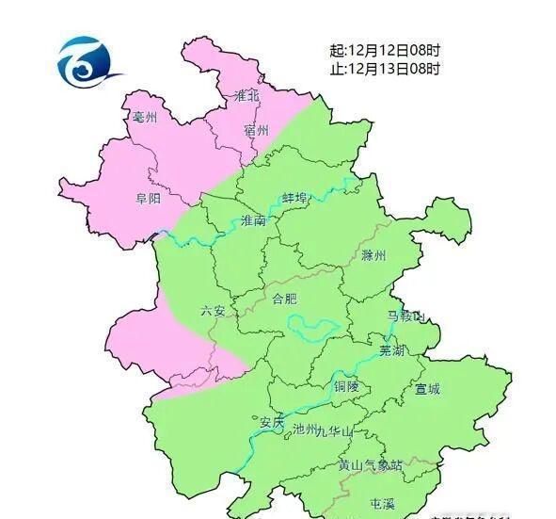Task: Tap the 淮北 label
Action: coord(246,95)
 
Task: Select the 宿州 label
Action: coord(256,130)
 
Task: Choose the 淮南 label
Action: coord(254,220)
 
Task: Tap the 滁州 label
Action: coord(373,255)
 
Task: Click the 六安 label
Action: coord(213,310)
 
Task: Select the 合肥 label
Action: coord(284,299)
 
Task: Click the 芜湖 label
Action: coord(391,349)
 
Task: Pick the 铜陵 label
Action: coord(346,386)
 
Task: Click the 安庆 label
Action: coord(272,422)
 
